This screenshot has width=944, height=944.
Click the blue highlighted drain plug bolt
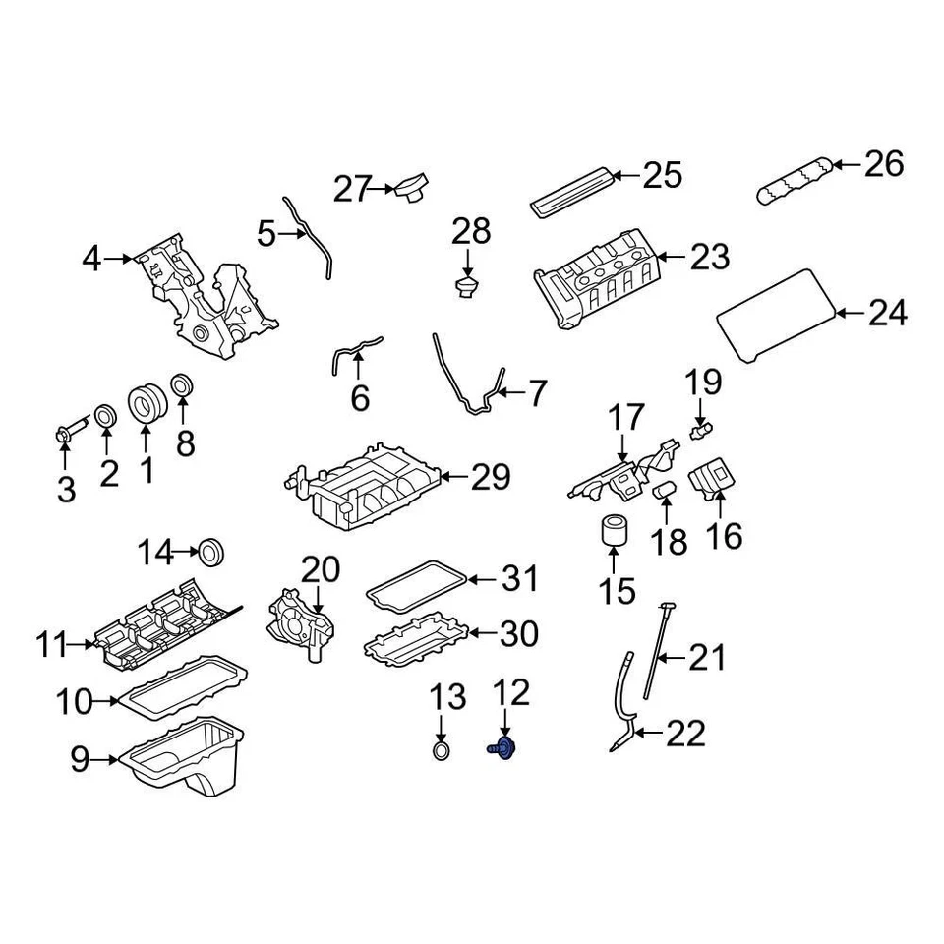point(503,749)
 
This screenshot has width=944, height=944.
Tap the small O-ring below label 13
point(442,753)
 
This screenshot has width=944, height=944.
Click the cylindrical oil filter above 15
point(614,529)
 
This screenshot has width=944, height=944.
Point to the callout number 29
point(491,478)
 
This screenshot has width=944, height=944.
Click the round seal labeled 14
point(211,551)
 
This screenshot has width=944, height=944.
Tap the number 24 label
point(887,314)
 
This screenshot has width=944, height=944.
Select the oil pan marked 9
point(187,760)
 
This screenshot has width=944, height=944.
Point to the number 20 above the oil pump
point(320,569)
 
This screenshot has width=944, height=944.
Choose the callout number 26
point(883,164)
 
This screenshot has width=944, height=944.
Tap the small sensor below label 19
point(702,428)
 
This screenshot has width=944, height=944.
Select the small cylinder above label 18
point(665,488)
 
